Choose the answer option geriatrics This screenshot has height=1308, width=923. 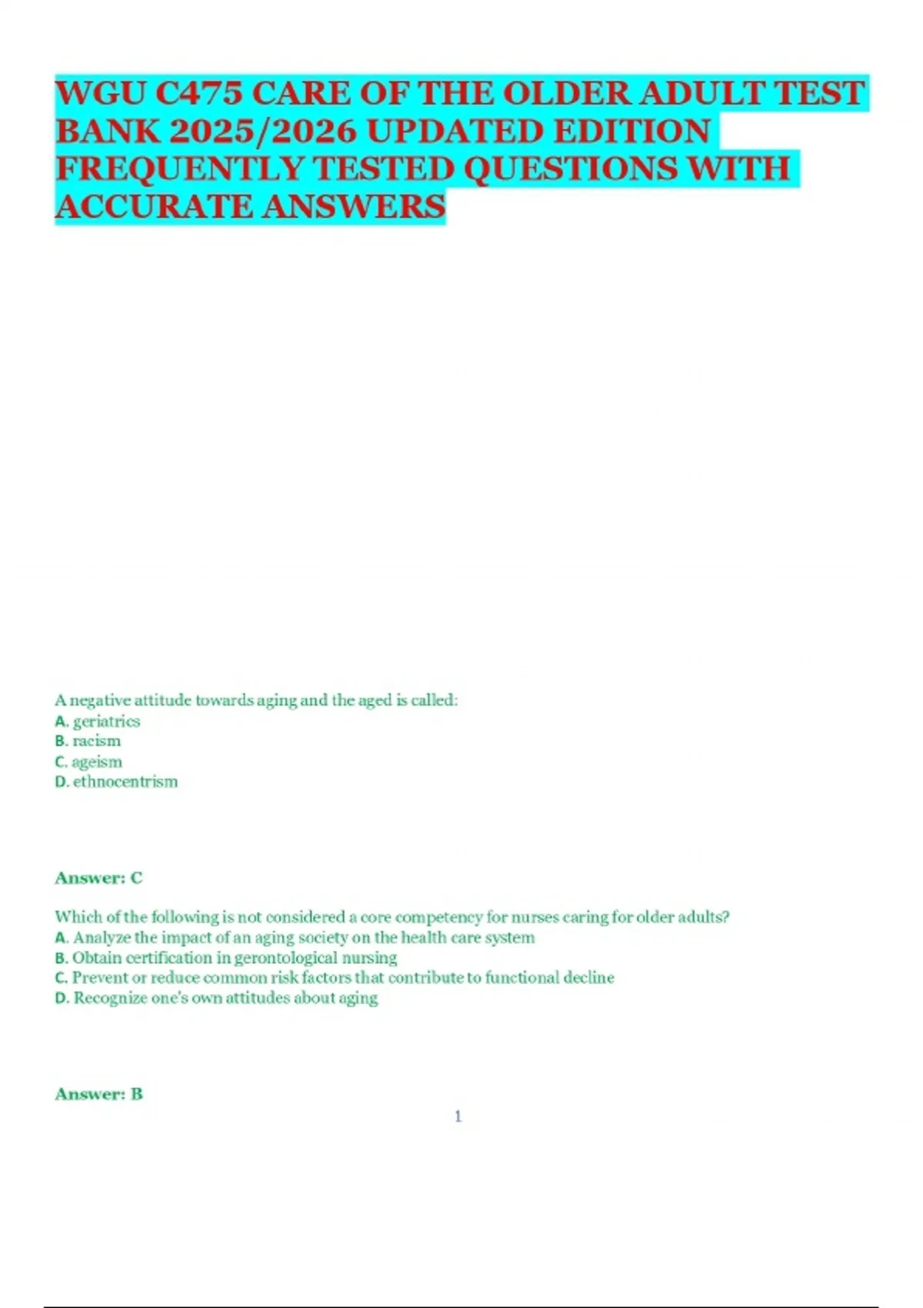[x=106, y=722]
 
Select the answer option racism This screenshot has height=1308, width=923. [x=96, y=742]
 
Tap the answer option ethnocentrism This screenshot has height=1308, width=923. [x=125, y=782]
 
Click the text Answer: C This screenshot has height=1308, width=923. [x=98, y=878]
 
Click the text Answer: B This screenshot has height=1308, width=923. [x=98, y=1094]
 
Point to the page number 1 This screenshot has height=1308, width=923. [x=458, y=1116]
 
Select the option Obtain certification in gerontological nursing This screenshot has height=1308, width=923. [x=235, y=958]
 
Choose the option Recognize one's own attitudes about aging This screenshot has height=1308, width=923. [x=225, y=998]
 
